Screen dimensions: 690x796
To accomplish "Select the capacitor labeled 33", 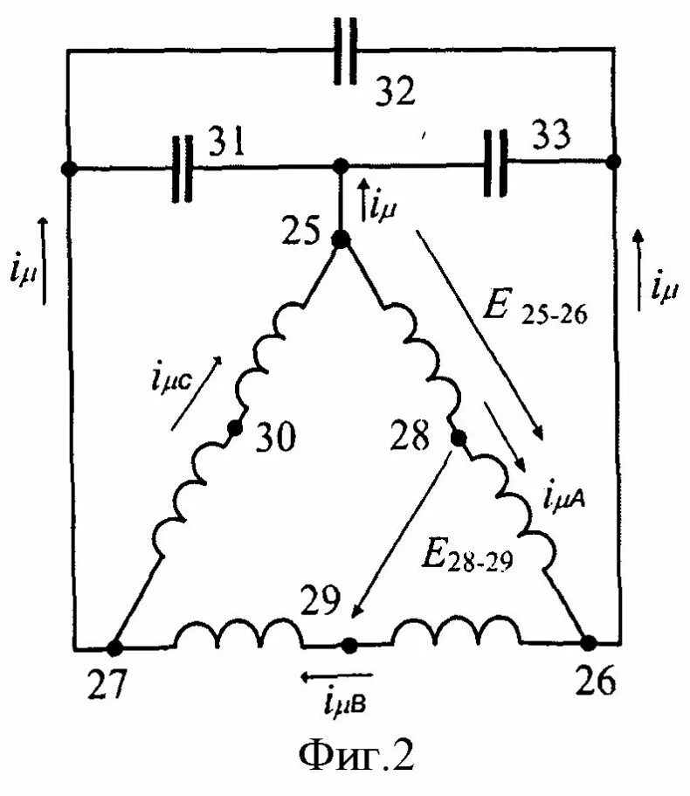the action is pos(494,165).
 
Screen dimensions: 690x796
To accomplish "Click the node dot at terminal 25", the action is pos(341,239).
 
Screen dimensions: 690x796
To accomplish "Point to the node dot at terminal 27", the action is pos(114,647).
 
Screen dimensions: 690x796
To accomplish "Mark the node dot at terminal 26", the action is pos(589,643).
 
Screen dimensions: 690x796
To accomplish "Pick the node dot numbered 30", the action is pos(233,429).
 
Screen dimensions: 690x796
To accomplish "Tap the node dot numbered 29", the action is pos(348,646).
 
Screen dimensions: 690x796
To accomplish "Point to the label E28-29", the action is pos(467,557).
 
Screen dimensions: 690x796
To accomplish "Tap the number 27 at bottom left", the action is pos(106,687).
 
